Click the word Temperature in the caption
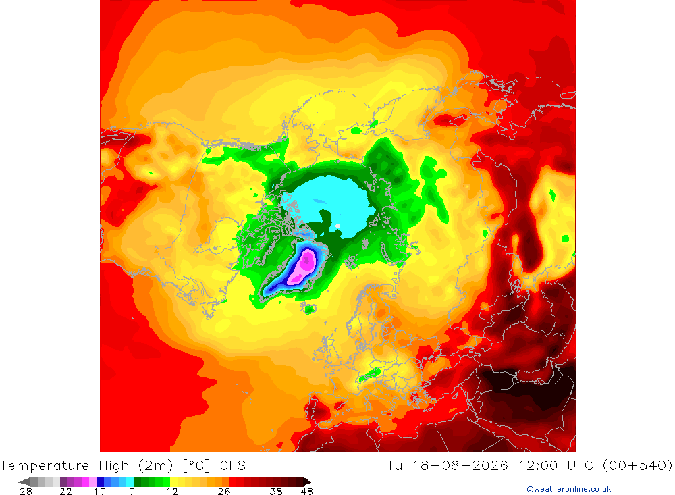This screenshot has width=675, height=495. click(x=45, y=466)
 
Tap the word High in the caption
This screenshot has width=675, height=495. click(x=114, y=466)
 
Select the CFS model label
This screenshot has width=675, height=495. click(x=232, y=466)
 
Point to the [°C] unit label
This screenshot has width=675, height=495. click(x=196, y=466)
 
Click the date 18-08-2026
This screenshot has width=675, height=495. click(x=460, y=466)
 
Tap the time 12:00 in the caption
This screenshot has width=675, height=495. click(x=538, y=466)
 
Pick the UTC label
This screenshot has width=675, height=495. click(x=580, y=466)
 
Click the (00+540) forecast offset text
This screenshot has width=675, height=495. click(x=637, y=466)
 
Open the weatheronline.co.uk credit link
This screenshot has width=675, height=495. click(x=568, y=489)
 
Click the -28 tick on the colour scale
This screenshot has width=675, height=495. click(x=22, y=492)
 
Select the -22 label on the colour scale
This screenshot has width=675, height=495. click(x=61, y=492)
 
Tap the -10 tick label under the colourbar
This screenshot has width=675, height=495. click(x=95, y=492)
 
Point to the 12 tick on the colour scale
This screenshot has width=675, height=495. click(x=171, y=492)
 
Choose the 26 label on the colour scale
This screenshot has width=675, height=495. click(x=224, y=492)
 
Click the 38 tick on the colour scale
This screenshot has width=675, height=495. click(x=276, y=492)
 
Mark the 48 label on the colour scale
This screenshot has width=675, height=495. click(x=307, y=492)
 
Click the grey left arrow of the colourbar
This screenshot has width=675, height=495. click(x=25, y=481)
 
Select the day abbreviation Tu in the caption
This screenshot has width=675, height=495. click(x=394, y=466)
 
